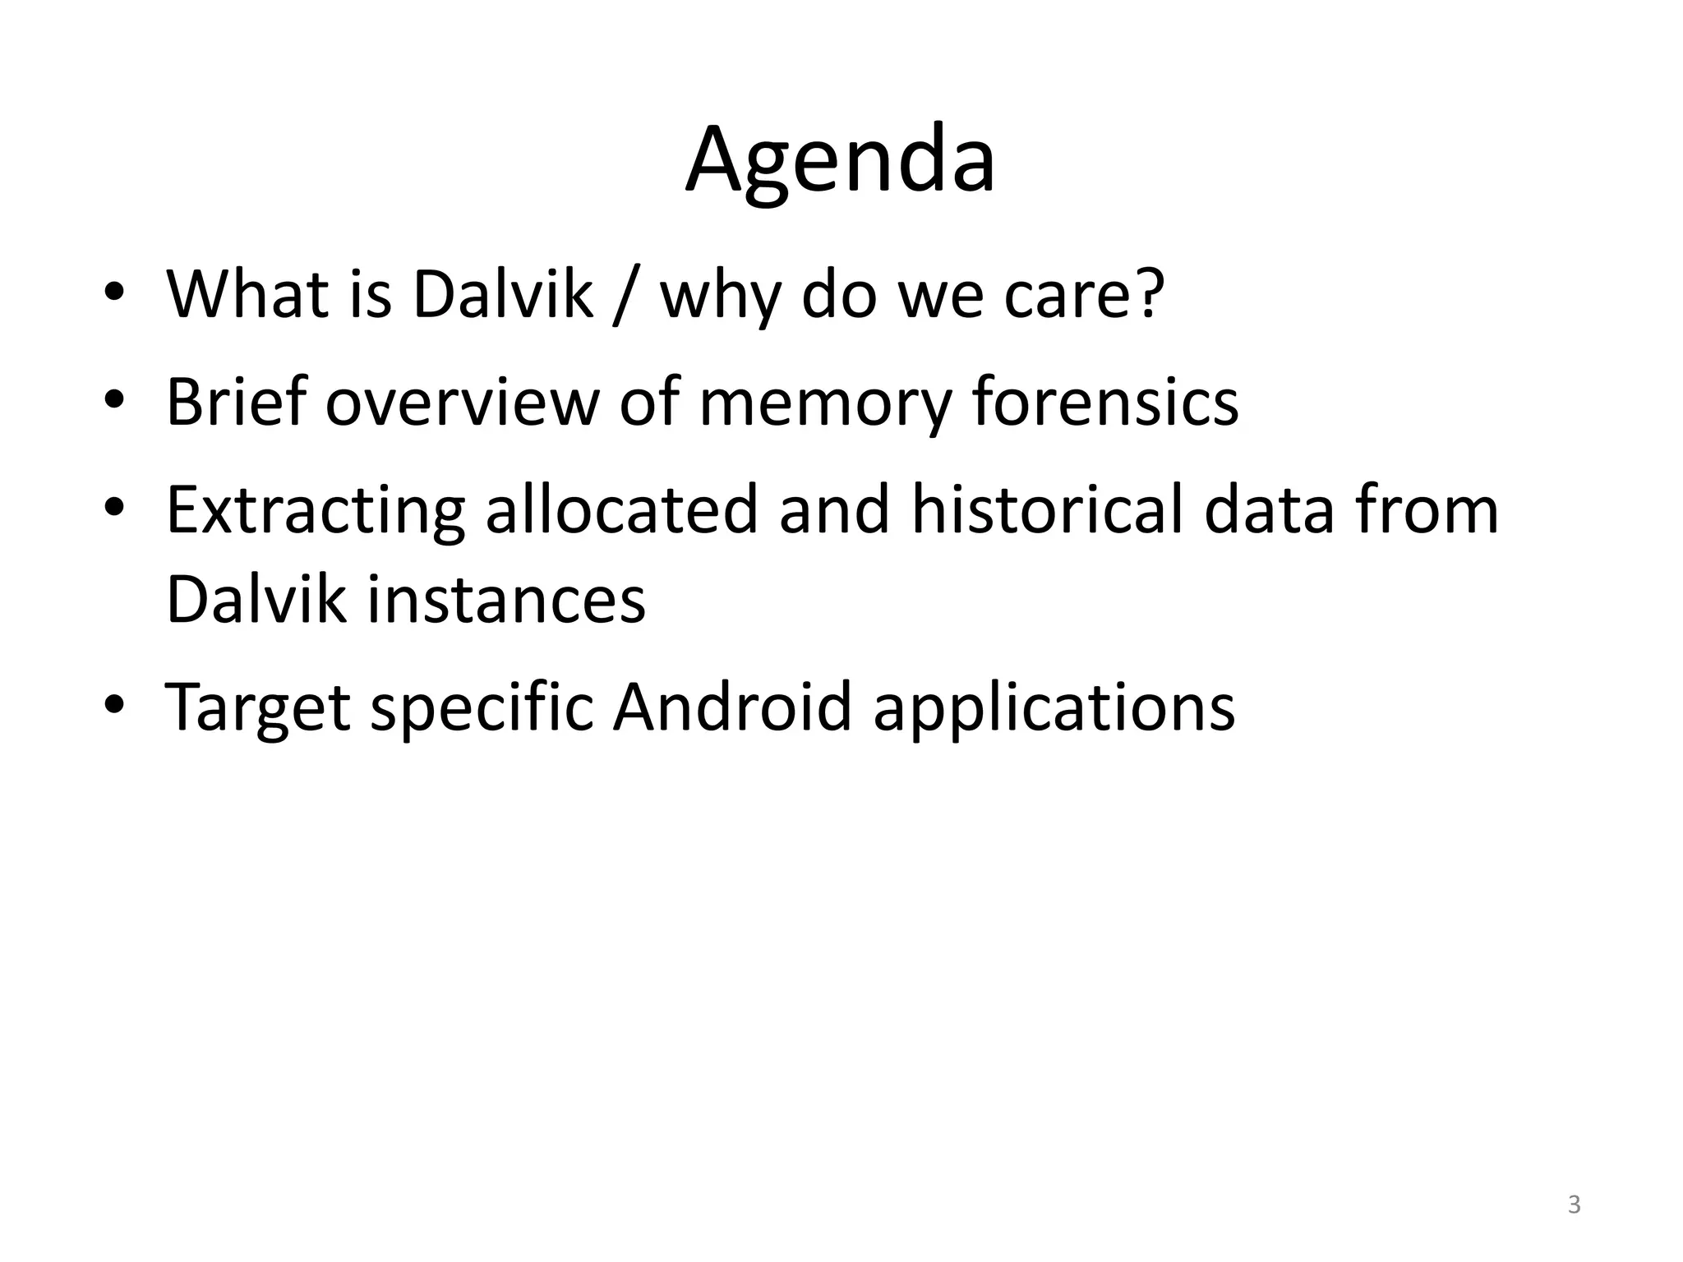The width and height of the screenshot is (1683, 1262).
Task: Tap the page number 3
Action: [1574, 1205]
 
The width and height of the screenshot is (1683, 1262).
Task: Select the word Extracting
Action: [316, 511]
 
